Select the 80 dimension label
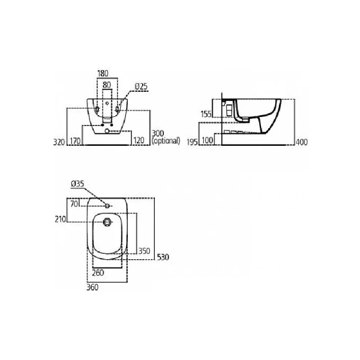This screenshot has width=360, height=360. tap(107, 86)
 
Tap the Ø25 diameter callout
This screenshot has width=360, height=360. tap(141, 86)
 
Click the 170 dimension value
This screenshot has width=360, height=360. tap(75, 142)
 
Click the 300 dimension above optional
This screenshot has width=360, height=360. tap(158, 133)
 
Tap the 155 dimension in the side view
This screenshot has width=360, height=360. tap(206, 113)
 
